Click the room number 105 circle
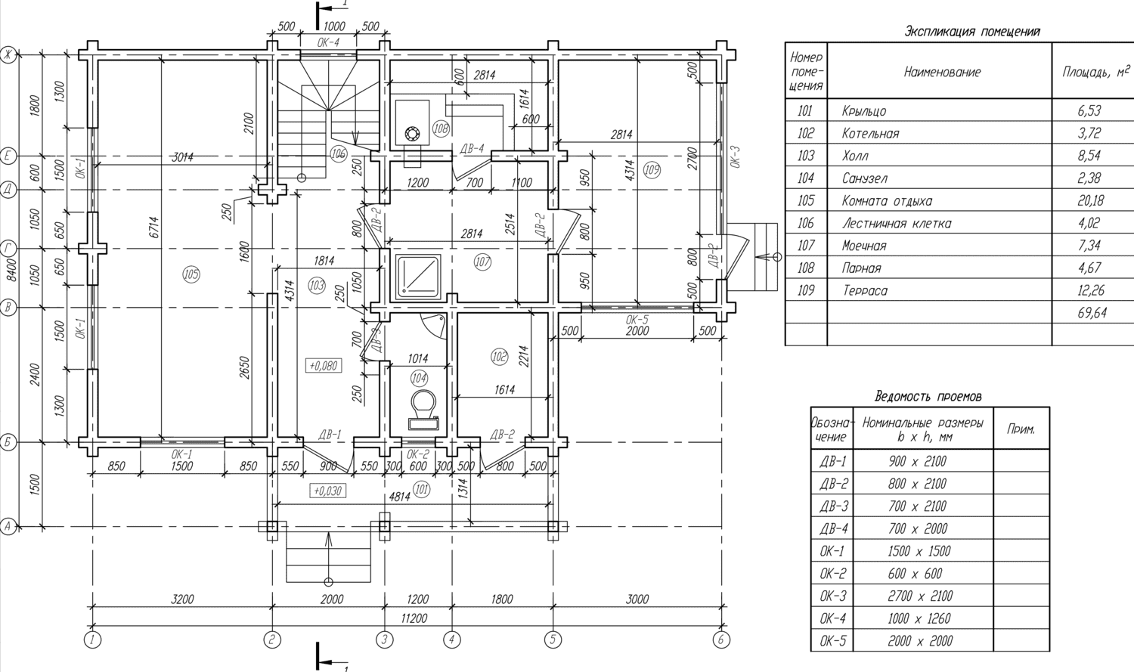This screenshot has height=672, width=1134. point(191,274)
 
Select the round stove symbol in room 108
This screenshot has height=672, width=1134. point(412,134)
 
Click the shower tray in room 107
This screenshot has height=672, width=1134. point(418,274)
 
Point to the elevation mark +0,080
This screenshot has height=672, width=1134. point(324,366)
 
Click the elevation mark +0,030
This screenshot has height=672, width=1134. point(327,491)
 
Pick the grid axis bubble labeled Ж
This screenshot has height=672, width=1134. point(8,54)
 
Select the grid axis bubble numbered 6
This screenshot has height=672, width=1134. point(721,639)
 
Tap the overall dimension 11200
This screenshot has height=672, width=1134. point(414,618)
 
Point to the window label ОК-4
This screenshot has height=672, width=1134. point(328,42)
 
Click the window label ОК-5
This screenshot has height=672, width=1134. point(637,320)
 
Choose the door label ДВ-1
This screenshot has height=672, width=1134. point(330,435)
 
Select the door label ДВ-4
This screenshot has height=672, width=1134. point(472,149)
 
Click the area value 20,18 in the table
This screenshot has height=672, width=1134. point(1089,201)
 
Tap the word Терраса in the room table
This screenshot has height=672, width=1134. point(865,291)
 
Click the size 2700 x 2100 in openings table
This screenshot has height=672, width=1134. point(919,596)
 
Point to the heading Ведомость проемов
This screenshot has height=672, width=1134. point(928,396)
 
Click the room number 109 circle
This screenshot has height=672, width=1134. point(652,170)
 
